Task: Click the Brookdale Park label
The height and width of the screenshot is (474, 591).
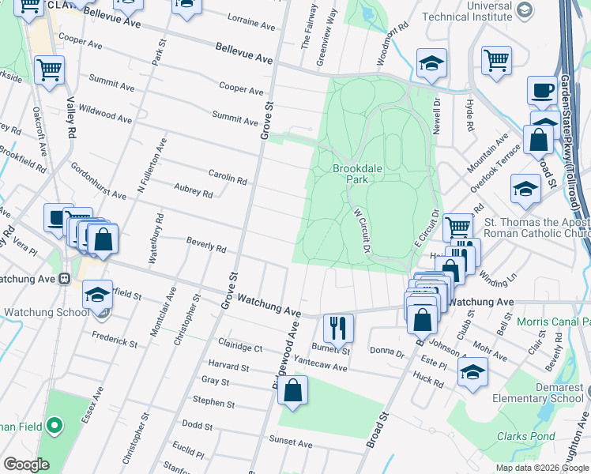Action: [351, 174]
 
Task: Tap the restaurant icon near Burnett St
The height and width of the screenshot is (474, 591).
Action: [340, 326]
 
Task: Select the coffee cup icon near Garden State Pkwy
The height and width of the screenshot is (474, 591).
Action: [543, 90]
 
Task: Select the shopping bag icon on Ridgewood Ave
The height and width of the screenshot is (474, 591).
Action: [292, 389]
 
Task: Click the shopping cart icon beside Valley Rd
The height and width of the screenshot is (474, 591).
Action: [49, 70]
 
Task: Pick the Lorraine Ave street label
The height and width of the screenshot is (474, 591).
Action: [250, 21]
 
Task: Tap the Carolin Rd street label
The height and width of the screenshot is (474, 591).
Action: [228, 178]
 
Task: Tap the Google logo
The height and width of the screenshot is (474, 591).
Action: [26, 464]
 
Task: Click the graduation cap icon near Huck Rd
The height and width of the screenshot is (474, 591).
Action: [472, 371]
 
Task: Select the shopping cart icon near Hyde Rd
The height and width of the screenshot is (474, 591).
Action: [496, 60]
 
